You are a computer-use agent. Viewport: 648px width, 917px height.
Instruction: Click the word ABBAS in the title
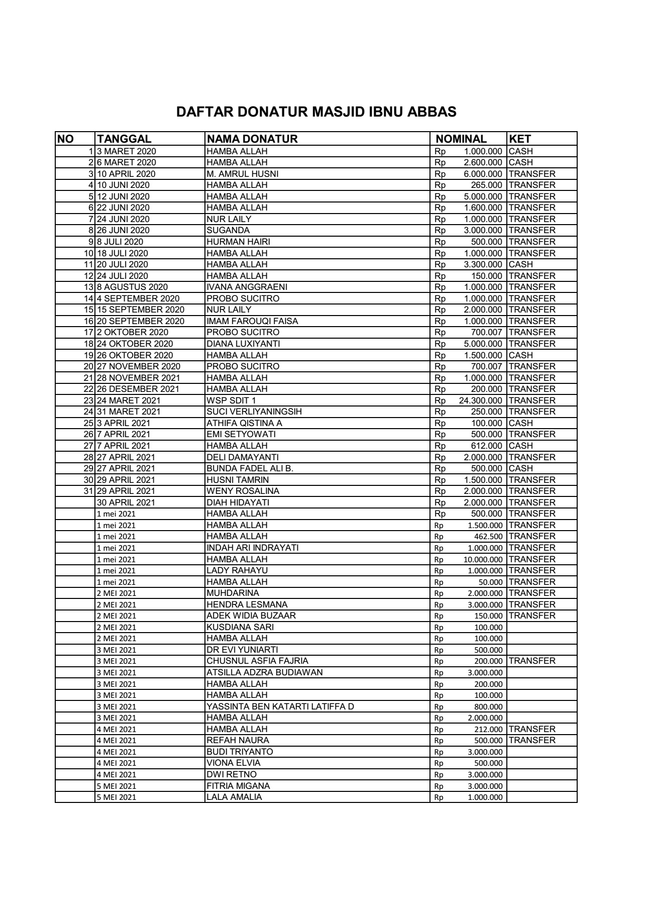[431, 112]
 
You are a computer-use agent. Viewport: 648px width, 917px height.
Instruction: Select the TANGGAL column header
[124, 139]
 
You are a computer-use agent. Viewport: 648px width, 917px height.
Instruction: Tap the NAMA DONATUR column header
[252, 139]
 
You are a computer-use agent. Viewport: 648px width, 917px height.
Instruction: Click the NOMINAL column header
[461, 139]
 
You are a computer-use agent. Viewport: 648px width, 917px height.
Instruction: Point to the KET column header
[520, 139]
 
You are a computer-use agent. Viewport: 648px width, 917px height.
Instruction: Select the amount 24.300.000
[480, 400]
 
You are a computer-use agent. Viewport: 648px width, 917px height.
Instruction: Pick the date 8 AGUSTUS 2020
[132, 287]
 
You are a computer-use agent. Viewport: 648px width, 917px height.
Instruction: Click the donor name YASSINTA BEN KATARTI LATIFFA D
[280, 706]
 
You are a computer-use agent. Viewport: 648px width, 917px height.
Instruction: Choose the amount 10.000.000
[482, 559]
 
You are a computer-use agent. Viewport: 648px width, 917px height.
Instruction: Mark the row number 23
[88, 400]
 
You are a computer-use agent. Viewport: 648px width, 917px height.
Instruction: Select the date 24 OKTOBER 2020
[135, 344]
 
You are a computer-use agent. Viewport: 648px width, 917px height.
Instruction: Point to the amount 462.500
[488, 537]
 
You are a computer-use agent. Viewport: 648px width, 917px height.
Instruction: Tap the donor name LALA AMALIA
[234, 797]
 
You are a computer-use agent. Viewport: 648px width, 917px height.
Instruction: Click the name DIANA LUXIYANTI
[244, 344]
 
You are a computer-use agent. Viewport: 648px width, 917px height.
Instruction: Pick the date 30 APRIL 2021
[126, 502]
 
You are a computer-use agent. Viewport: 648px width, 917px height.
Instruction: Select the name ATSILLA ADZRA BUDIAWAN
[265, 672]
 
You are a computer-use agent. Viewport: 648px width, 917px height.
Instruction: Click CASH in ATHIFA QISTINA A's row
[521, 423]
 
